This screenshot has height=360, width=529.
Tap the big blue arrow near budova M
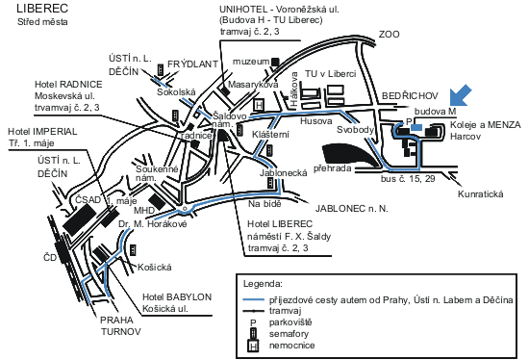(x=463, y=95)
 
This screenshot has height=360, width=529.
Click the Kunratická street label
(x=480, y=194)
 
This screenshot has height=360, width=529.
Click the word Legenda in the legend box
(x=263, y=285)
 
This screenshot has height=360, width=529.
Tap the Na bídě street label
(x=263, y=204)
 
